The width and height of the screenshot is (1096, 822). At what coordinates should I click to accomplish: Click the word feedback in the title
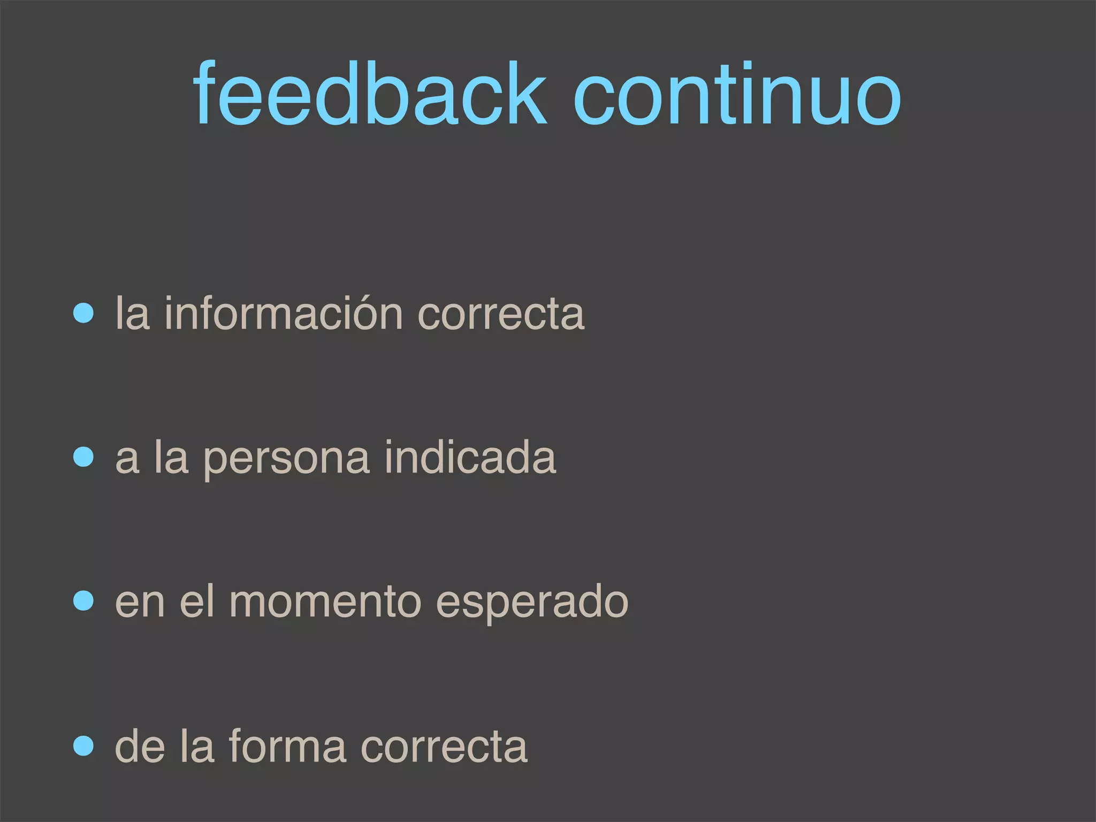pyautogui.click(x=370, y=94)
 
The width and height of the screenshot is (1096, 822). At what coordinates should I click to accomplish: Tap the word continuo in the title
pyautogui.click(x=737, y=94)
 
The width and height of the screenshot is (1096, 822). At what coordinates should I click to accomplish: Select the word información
pyautogui.click(x=283, y=313)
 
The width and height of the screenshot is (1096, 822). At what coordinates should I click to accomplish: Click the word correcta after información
pyautogui.click(x=501, y=314)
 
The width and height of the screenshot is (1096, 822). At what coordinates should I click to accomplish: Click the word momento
pyautogui.click(x=325, y=603)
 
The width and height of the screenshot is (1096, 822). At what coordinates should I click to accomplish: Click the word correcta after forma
pyautogui.click(x=444, y=747)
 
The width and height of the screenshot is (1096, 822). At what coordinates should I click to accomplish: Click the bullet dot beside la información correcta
pyautogui.click(x=83, y=313)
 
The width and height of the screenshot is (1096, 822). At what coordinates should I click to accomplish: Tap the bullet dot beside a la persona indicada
pyautogui.click(x=83, y=458)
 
